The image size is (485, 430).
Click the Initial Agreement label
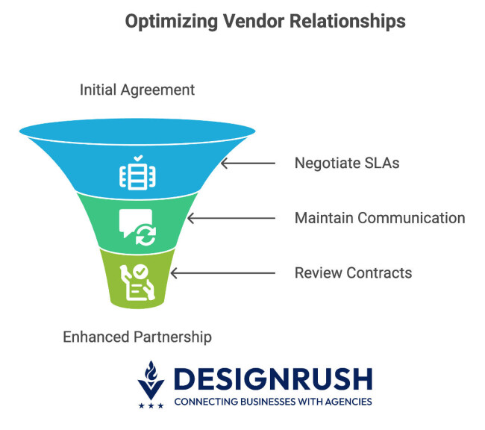[x=137, y=90]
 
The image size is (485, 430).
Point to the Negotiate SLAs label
[x=347, y=163]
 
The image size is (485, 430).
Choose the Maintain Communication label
[x=380, y=218]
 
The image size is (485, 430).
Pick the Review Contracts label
[x=353, y=272]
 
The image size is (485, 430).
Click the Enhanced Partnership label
[x=137, y=337]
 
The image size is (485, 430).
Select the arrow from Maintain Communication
[x=231, y=218]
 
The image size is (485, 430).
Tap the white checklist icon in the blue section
[x=138, y=172]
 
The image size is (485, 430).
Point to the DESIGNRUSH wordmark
[x=272, y=379]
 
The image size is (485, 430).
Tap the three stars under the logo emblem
[x=151, y=405]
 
